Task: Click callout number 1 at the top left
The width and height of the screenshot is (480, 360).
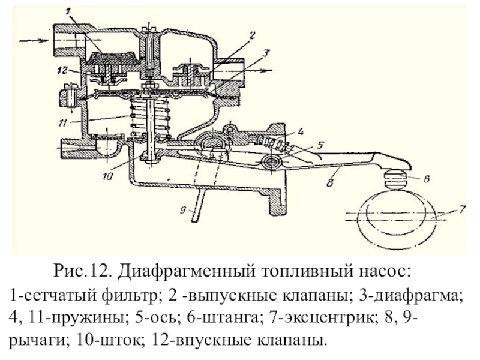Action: point(68,12)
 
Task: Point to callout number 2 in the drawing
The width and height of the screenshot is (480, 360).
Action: point(251,35)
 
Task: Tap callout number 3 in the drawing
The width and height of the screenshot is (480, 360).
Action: point(265,53)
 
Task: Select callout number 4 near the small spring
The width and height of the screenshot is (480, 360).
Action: point(300,132)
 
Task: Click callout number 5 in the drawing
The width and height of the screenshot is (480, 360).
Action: point(320,145)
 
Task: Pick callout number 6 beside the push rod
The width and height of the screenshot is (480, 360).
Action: point(427,178)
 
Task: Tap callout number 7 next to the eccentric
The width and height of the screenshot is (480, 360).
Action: point(462,209)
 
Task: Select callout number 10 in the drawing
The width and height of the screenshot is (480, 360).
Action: point(108,176)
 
